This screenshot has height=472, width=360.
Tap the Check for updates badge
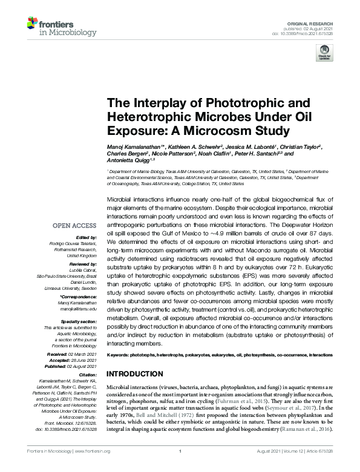pos(327,52)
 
